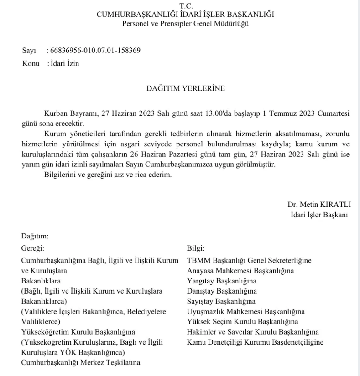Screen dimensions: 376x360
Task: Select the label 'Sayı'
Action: pos(29,50)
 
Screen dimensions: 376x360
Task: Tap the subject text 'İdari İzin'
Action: pos(64,63)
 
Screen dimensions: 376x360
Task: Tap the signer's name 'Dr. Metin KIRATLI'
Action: pos(319,204)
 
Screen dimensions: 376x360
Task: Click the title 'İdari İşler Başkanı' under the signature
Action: pos(319,214)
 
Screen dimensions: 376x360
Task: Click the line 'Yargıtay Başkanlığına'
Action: pos(222,281)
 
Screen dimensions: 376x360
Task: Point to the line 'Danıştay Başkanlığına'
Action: pos(222,291)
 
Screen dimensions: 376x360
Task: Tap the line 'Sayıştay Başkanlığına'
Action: pos(221,301)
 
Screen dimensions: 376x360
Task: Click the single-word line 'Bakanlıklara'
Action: pos(41,281)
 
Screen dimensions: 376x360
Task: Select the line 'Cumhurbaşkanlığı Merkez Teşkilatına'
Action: pos(81,363)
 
